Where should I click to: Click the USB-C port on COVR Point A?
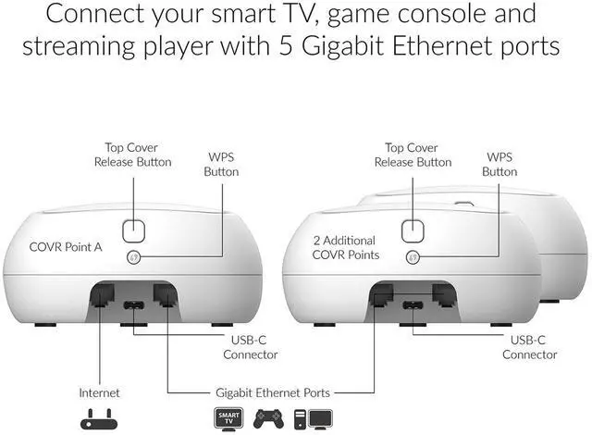134,306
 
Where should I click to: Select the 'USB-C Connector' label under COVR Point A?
251,347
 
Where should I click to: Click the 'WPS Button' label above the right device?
499,164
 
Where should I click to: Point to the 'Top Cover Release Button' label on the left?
132,155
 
